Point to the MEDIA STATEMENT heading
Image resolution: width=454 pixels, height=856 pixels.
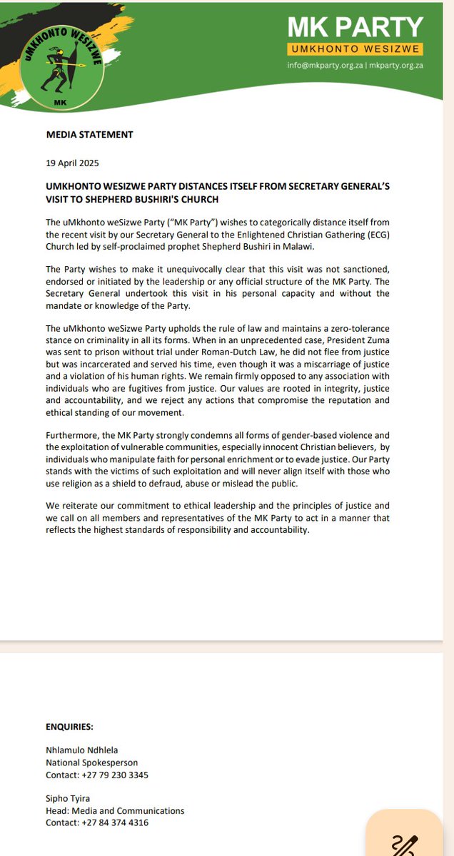[89, 134]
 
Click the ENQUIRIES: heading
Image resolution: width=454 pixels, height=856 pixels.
[70, 728]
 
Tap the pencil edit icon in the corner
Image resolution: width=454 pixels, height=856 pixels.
[405, 841]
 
